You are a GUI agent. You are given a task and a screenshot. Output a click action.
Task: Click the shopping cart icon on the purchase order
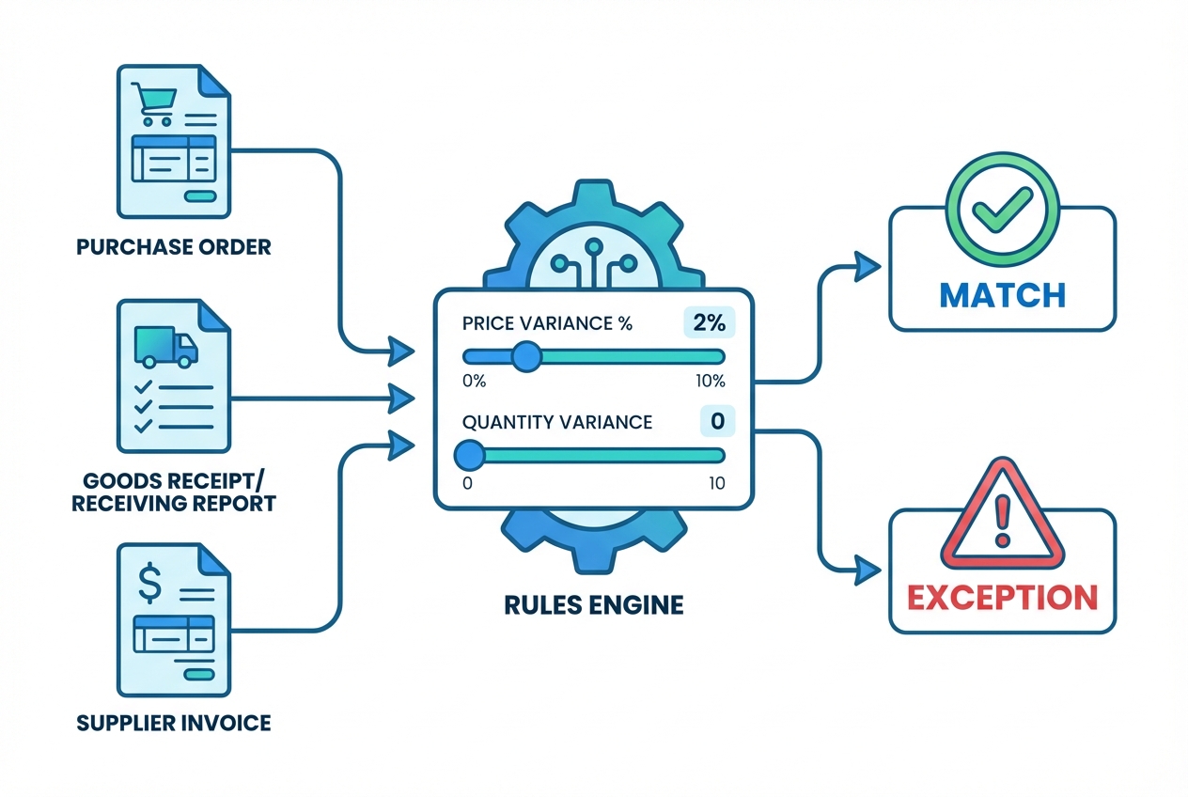152,103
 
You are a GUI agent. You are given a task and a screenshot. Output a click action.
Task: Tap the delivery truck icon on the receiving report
165,346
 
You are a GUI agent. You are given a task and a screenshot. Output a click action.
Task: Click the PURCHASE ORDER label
173,248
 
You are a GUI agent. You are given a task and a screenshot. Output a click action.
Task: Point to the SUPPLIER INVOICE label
174,723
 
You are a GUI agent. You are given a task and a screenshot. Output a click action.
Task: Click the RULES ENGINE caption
593,603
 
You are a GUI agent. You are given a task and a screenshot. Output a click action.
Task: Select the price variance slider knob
525,356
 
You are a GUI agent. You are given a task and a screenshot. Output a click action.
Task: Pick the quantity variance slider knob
468,456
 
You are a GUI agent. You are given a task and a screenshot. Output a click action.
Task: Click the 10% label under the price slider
711,382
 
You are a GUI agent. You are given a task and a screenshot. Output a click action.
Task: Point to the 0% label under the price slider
474,382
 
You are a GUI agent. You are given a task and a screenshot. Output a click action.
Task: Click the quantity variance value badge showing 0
717,421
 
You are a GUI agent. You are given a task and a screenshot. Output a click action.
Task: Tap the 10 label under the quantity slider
716,482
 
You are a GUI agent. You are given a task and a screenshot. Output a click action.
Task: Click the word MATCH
1002,294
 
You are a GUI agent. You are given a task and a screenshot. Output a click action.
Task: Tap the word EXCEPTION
1002,597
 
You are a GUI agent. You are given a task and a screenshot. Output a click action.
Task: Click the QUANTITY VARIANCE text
557,422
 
